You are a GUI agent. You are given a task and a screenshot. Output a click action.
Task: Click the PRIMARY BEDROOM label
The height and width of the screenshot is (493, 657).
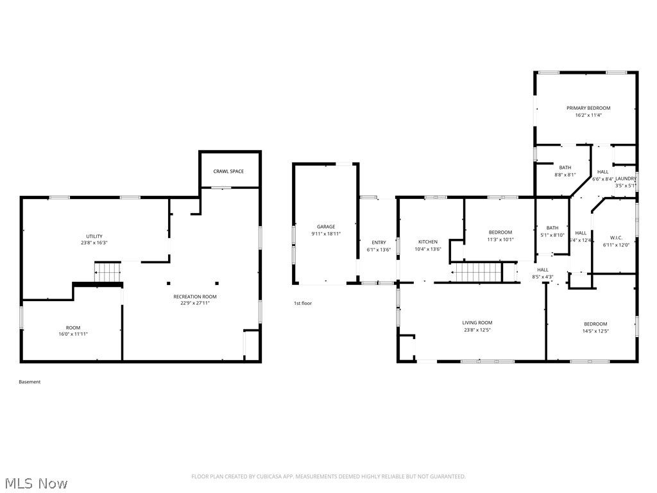click(588, 108)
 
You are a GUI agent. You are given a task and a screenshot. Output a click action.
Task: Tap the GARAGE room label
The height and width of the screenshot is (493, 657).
click(326, 227)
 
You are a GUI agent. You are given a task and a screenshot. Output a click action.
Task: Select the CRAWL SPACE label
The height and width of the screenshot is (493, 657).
click(228, 171)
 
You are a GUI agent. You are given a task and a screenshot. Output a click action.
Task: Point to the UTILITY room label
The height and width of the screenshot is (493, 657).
click(94, 236)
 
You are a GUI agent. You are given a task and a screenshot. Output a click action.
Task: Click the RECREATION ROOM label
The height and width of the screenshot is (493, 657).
click(195, 297)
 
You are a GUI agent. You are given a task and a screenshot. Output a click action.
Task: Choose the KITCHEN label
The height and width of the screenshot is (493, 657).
click(428, 242)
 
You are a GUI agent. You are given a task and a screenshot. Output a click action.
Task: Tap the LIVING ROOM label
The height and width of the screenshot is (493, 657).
click(477, 323)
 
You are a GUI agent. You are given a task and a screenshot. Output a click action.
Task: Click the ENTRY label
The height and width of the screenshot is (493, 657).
click(379, 242)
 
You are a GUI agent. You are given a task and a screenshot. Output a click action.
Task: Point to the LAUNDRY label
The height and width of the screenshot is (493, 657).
click(626, 178)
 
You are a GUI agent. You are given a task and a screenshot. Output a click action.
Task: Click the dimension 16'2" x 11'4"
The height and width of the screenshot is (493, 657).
click(588, 116)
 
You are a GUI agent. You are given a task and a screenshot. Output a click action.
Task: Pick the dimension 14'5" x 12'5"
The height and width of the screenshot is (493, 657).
click(595, 331)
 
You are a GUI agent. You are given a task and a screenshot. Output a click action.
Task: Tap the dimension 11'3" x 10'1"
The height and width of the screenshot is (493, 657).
click(500, 239)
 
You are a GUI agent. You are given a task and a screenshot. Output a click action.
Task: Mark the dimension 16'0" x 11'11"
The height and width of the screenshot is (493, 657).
click(73, 334)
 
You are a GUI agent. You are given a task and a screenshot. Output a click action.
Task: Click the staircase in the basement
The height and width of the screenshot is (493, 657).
click(108, 272)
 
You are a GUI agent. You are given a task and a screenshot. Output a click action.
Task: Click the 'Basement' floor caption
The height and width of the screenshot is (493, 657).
click(30, 382)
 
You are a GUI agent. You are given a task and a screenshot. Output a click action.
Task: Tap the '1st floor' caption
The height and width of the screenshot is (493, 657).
click(303, 303)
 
